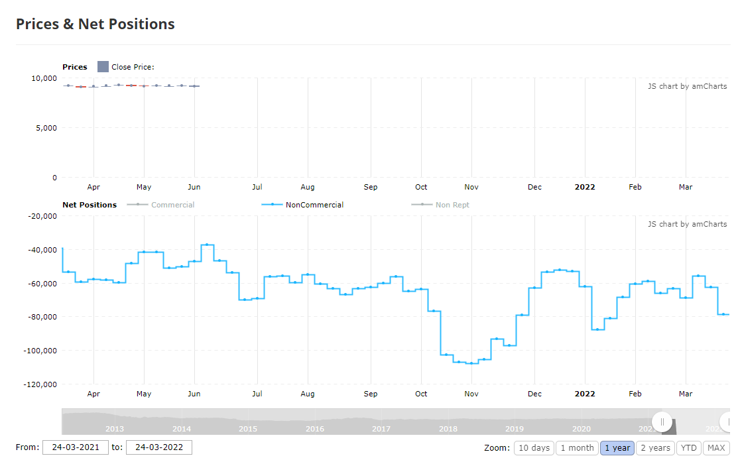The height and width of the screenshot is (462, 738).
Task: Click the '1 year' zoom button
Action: pos(617,448)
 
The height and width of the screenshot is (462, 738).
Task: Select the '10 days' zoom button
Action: pos(534,448)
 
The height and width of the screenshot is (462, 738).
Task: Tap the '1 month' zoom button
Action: pos(577,448)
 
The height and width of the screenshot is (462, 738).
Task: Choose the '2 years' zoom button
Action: pos(655,448)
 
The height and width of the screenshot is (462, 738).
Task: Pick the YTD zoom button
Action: pos(688,448)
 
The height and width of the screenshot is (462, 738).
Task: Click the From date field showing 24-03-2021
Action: pos(76,447)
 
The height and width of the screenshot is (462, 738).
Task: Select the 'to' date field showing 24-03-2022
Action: pos(159,447)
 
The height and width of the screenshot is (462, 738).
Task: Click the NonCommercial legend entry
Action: pos(302,205)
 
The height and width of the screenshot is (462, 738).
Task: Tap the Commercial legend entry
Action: pos(160,205)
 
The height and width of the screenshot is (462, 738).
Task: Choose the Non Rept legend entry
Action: pos(440,205)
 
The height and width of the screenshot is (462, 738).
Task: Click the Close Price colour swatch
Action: pos(103,67)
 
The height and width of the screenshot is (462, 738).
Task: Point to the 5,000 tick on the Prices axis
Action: pos(46,128)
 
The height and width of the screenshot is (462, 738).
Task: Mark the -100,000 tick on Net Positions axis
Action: pos(40,351)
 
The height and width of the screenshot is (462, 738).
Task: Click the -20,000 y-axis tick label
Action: pos(42,216)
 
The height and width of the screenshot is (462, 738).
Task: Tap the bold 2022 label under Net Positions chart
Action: pos(585,394)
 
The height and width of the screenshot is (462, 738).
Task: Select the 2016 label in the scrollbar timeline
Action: pos(315,429)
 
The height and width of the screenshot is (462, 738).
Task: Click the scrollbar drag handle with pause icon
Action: pos(662,422)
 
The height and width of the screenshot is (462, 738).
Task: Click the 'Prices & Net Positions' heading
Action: pos(95,24)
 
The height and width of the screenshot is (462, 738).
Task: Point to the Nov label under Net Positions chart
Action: pos(471,394)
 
